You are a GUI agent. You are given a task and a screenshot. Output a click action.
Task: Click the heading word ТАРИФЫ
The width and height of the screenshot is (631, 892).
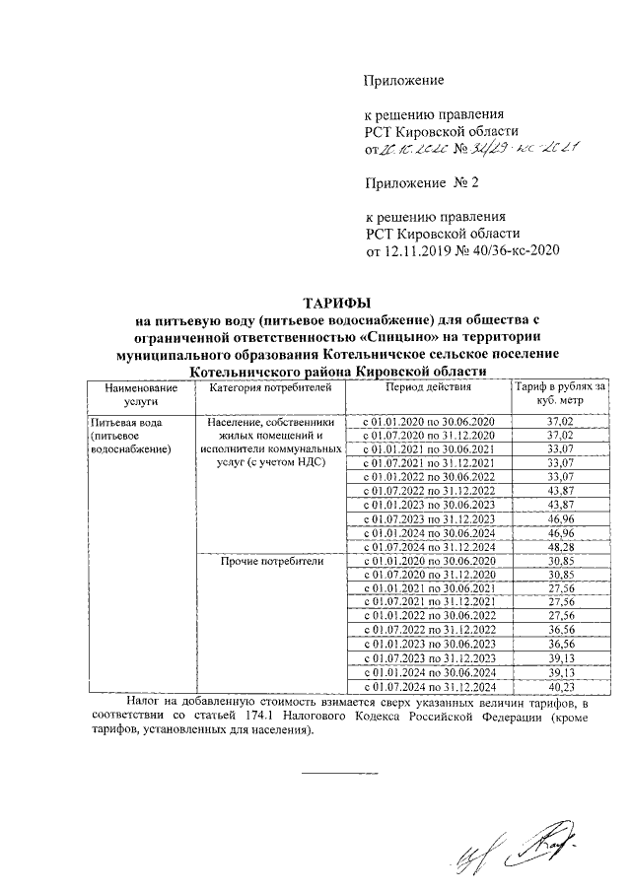[337, 303]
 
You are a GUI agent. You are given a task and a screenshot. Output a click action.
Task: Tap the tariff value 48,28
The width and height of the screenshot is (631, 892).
[558, 547]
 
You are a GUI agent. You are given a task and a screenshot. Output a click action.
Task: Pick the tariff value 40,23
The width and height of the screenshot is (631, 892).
[558, 686]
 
